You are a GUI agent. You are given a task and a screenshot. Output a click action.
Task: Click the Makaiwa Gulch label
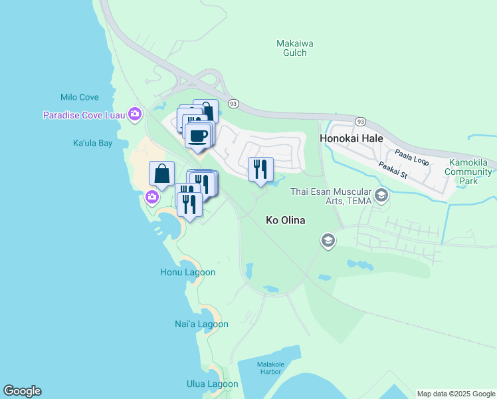pos(294,49)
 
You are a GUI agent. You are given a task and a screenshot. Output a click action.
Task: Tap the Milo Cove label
pos(79,97)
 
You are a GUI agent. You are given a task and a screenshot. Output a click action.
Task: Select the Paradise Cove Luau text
pos(85,115)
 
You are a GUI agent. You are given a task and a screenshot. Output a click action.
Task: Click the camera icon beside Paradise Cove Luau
pos(136,114)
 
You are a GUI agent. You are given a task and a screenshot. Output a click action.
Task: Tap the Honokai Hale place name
pos(351,139)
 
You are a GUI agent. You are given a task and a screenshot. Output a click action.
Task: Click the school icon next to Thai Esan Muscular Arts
pos(381,195)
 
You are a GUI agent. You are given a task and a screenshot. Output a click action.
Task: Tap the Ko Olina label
pos(285,220)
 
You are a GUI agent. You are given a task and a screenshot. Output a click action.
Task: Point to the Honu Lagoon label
pos(187,272)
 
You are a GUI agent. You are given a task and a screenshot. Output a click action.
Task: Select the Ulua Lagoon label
pos(212,384)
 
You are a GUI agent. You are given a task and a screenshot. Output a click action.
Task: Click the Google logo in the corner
pos(22,391)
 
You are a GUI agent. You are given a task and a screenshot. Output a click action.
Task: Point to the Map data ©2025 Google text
pos(456,394)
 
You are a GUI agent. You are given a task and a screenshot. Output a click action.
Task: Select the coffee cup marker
pos(199,137)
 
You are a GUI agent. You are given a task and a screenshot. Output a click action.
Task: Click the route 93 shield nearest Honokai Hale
pos(359,122)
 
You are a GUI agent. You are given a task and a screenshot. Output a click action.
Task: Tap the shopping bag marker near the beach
pos(162,174)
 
